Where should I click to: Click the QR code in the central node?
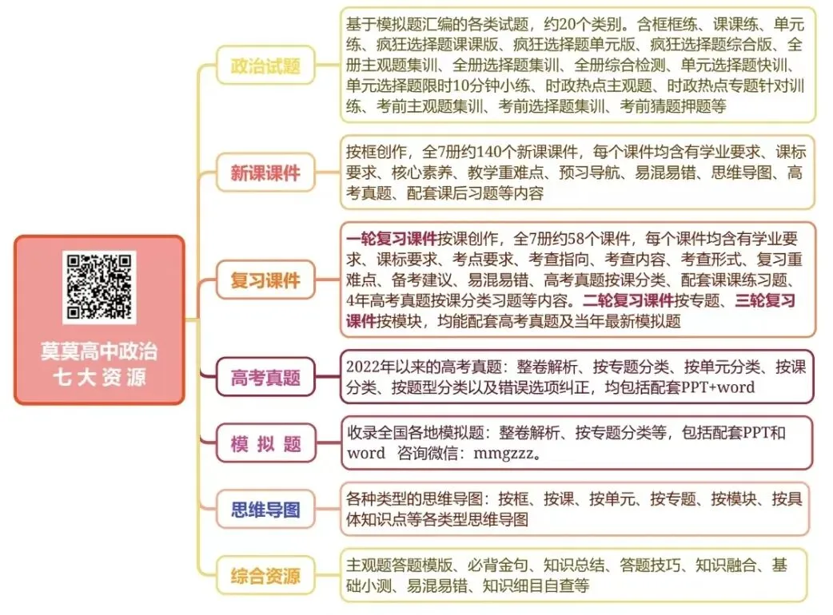point(99,287)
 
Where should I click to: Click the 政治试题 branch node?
point(265,65)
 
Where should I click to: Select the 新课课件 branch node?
point(265,173)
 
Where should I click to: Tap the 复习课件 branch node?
point(265,280)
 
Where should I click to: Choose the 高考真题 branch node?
point(265,377)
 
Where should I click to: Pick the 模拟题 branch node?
point(265,443)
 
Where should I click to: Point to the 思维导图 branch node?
point(265,509)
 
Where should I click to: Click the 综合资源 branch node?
point(265,575)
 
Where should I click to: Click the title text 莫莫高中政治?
point(99,351)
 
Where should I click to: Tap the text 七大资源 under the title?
point(99,377)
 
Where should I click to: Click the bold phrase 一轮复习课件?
point(392,238)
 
